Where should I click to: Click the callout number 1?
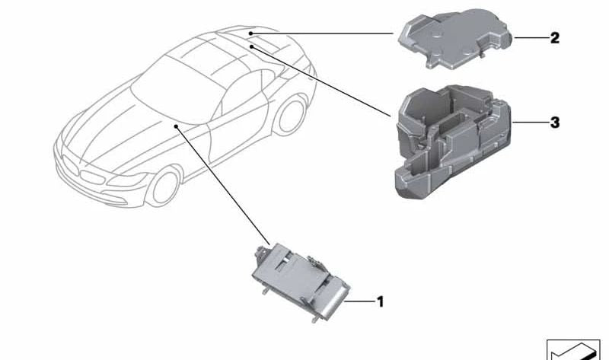tap(381, 301)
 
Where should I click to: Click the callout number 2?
tap(555, 38)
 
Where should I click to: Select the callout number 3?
tap(555, 123)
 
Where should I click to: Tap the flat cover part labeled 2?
tap(455, 38)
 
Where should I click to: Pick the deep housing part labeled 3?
tap(452, 142)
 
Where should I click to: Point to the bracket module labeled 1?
tap(301, 282)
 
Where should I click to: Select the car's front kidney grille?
tap(83, 171)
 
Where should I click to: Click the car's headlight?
tap(127, 178)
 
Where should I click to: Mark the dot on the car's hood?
tap(177, 126)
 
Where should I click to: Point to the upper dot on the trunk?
tap(251, 33)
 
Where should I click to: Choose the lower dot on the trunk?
tap(252, 46)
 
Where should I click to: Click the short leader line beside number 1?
tap(359, 301)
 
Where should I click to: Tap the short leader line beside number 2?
tap(531, 37)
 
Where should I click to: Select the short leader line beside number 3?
tap(529, 123)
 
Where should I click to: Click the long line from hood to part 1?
tap(222, 185)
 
